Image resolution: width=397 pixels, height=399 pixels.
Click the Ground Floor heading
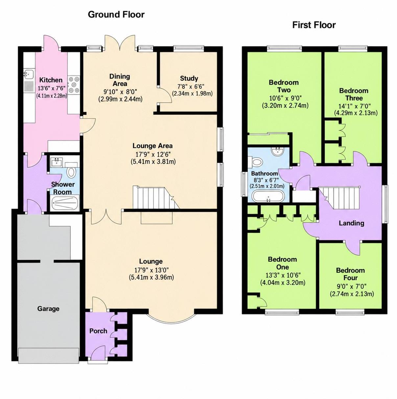(x=116, y=15)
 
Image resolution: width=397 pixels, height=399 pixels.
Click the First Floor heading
(x=314, y=25)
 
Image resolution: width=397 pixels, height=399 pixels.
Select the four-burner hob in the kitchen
(x=74, y=84)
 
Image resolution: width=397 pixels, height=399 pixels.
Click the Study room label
(x=189, y=78)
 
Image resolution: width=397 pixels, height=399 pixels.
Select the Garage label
(x=48, y=309)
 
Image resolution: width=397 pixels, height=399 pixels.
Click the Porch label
(x=98, y=331)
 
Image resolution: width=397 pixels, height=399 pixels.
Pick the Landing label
(x=351, y=223)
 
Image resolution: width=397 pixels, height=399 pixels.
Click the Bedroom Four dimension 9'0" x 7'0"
(x=352, y=286)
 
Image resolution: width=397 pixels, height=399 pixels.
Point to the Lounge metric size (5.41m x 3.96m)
(x=151, y=277)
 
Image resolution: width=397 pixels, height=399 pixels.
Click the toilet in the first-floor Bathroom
(x=255, y=162)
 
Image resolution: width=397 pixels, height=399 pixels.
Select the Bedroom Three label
(x=354, y=94)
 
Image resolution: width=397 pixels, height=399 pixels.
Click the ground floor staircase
(x=156, y=198)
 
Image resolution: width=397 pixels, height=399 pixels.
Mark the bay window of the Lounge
(x=172, y=319)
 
